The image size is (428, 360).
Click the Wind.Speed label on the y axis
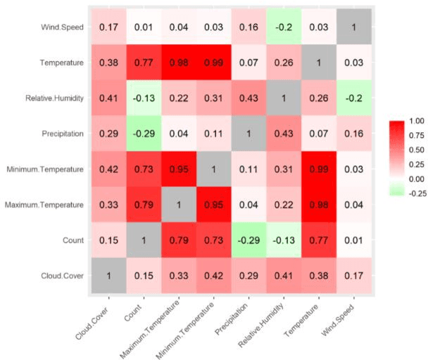pos(61,27)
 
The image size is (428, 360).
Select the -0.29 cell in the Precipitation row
pos(144,134)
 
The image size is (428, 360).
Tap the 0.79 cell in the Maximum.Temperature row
pos(144,205)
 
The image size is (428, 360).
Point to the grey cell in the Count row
pos(144,240)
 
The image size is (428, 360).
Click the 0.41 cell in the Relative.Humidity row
pos(108,98)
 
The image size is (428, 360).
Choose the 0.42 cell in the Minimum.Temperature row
pos(108,169)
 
